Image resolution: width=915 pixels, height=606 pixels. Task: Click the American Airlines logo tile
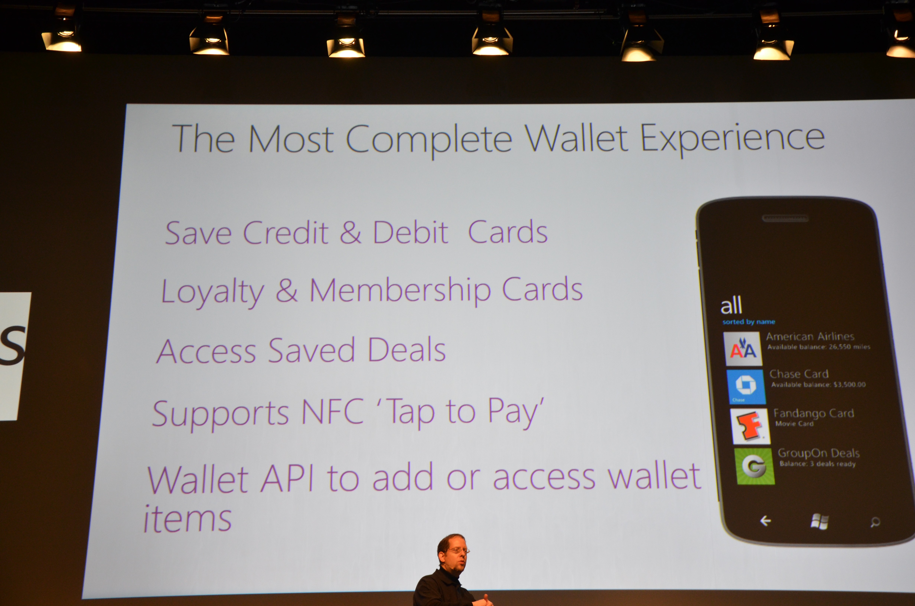coord(743,349)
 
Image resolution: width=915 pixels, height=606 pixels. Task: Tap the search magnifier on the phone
coord(875,522)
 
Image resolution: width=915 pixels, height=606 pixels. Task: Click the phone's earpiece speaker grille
coord(785,218)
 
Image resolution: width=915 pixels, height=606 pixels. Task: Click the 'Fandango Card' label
coord(813,413)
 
